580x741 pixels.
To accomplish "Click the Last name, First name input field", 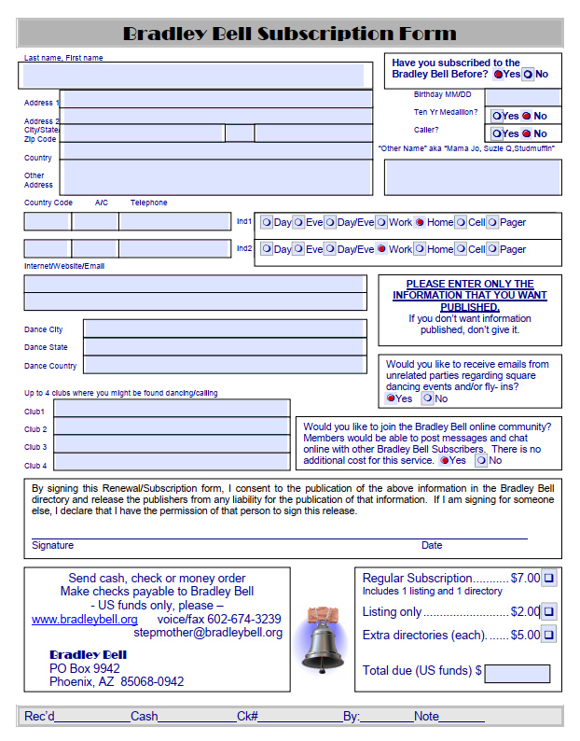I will click(193, 76).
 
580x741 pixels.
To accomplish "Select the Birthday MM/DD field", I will click(522, 97).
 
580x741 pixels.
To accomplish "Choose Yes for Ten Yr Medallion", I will click(498, 116).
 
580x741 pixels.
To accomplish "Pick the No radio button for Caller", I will click(527, 133).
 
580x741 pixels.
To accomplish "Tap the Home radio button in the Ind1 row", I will click(420, 222).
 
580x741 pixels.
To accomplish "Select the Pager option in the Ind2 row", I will click(492, 249).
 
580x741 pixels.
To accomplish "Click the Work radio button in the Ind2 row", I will click(381, 249).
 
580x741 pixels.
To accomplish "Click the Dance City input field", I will click(224, 329).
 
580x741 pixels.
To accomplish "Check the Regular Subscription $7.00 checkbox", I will click(549, 579).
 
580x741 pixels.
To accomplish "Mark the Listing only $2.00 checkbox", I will click(549, 612).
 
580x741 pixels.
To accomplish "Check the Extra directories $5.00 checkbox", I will click(549, 636).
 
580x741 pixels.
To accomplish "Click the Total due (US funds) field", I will click(517, 673).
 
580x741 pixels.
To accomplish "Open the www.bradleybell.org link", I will click(85, 619).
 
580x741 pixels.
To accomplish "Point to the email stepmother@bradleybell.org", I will click(207, 632).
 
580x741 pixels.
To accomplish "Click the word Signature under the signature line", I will click(52, 545).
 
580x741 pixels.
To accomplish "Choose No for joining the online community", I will click(481, 460).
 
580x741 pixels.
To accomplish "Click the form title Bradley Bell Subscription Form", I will click(290, 35).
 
